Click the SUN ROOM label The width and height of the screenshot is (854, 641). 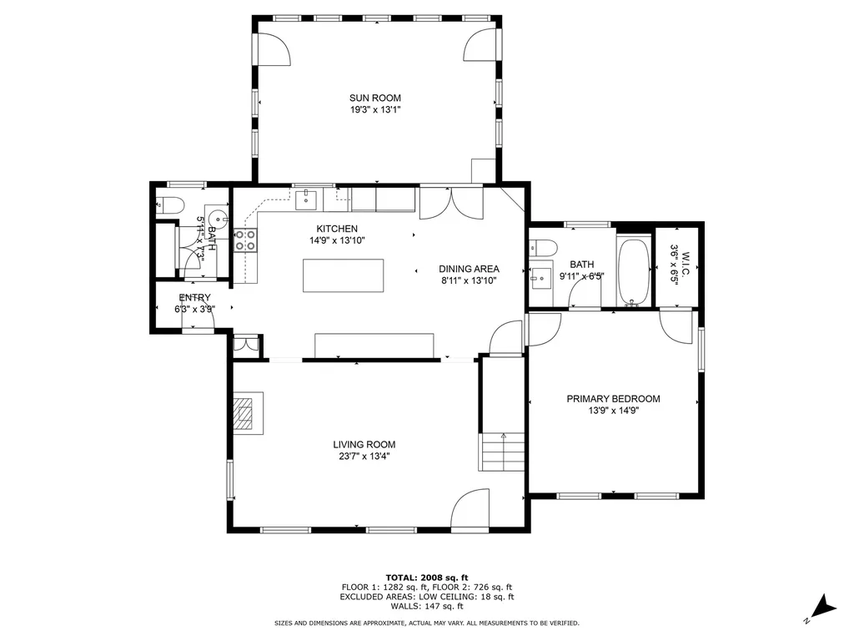(375, 98)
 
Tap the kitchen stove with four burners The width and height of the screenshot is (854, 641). (246, 240)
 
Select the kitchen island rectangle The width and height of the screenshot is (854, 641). (344, 275)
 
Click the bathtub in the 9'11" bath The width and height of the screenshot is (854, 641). (633, 272)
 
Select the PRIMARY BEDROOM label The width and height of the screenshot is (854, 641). (613, 399)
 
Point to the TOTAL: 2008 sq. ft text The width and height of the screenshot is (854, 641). (426, 578)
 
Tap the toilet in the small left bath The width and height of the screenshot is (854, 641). (170, 204)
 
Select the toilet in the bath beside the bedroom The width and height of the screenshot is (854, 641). (543, 248)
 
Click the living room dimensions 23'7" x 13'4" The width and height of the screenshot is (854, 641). (364, 457)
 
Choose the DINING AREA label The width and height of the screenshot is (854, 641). (469, 269)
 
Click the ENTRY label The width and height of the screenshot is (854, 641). (194, 298)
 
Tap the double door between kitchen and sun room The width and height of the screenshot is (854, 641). (450, 203)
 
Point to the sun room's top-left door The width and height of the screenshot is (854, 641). (274, 49)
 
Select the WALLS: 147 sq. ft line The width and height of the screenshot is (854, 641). (426, 608)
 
